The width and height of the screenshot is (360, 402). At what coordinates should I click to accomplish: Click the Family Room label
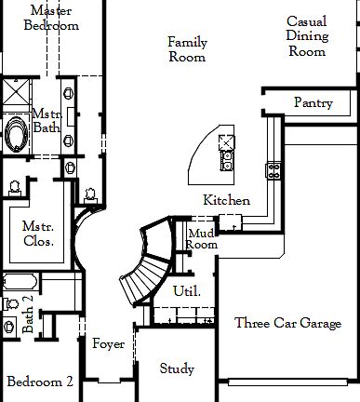pyautogui.click(x=187, y=49)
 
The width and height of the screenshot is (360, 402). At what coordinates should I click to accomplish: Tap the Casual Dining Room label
pyautogui.click(x=306, y=36)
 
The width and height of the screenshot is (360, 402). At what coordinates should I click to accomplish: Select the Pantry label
pyautogui.click(x=313, y=102)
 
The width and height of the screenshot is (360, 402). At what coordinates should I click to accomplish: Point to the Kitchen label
pyautogui.click(x=226, y=200)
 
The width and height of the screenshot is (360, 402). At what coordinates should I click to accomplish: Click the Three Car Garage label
pyautogui.click(x=287, y=324)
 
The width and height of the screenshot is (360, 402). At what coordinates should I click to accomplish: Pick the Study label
pyautogui.click(x=177, y=368)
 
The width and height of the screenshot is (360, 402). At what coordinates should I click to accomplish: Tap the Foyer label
pyautogui.click(x=108, y=344)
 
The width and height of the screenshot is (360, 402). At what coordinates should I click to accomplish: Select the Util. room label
pyautogui.click(x=185, y=291)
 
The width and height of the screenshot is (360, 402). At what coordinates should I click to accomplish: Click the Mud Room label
pyautogui.click(x=202, y=238)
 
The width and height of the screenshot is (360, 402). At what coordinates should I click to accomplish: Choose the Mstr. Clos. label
pyautogui.click(x=38, y=234)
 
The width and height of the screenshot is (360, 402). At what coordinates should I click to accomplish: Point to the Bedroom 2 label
pyautogui.click(x=40, y=382)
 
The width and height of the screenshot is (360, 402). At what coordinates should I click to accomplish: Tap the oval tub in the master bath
pyautogui.click(x=18, y=134)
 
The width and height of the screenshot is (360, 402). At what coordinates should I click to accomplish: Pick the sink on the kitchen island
pyautogui.click(x=225, y=153)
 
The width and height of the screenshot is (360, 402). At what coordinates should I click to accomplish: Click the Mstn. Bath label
pyautogui.click(x=47, y=120)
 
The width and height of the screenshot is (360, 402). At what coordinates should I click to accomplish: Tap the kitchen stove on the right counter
pyautogui.click(x=274, y=169)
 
